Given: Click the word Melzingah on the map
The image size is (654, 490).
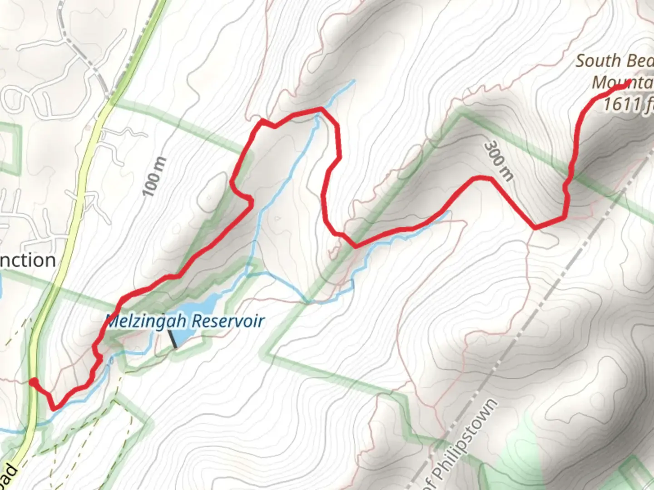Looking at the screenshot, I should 145,321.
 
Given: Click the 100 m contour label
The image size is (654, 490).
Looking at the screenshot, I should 154,177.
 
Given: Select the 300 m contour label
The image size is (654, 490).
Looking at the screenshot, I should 498,161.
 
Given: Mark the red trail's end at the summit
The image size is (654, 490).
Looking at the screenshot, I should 629,83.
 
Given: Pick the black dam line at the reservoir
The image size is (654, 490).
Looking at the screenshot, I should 173,339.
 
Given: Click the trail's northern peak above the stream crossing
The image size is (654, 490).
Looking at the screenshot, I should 322,109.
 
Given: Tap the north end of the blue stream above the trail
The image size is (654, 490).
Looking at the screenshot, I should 353,82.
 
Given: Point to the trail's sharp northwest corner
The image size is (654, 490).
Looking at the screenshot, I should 261,121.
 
